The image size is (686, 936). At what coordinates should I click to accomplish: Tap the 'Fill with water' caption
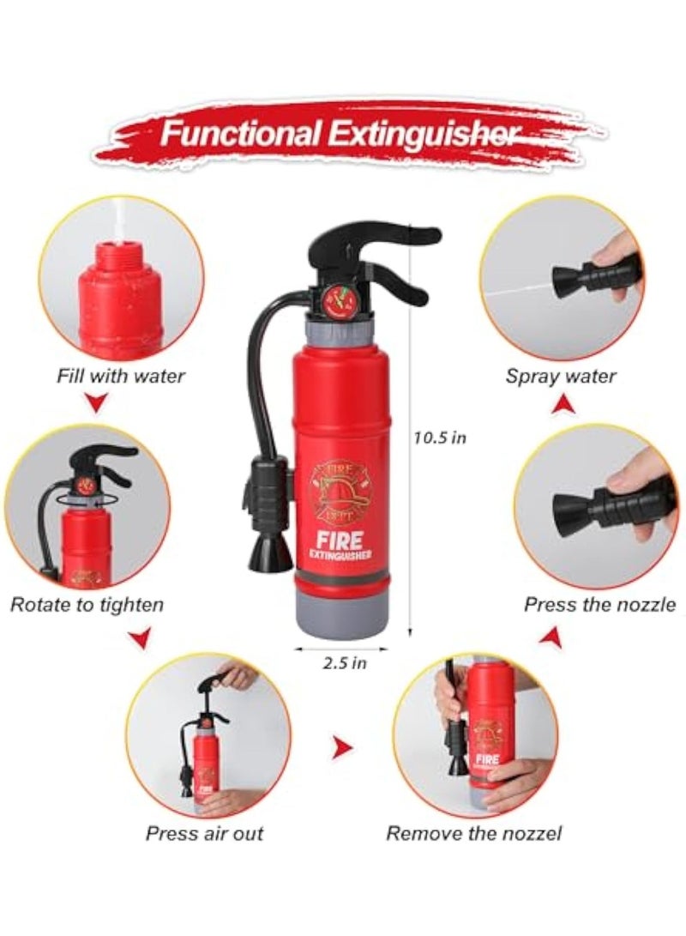click(x=121, y=376)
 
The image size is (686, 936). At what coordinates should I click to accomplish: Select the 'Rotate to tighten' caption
click(x=87, y=605)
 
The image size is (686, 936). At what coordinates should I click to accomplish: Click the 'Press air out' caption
click(x=205, y=833)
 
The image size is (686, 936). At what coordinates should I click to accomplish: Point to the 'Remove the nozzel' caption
click(x=474, y=833)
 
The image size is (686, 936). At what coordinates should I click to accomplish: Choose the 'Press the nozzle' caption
click(x=600, y=605)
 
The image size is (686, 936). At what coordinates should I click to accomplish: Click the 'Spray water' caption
click(x=561, y=376)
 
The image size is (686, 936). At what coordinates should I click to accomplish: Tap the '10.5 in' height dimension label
click(x=440, y=438)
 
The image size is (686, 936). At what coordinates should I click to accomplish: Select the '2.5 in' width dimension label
click(x=344, y=662)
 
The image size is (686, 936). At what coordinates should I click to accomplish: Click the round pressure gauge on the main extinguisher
click(x=338, y=299)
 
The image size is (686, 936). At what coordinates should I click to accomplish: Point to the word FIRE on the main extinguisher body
click(x=338, y=540)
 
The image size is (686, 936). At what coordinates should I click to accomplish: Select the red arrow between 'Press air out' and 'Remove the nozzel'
click(x=342, y=746)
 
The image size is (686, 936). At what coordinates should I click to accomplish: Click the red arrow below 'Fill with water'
click(x=99, y=403)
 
